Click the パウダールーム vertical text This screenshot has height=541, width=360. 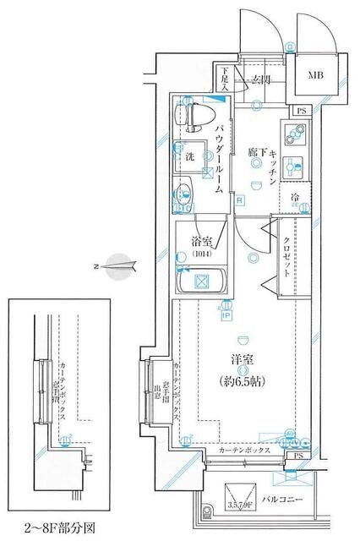coord(219,161)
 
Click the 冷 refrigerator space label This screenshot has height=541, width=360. coord(294,199)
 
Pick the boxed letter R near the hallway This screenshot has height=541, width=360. coord(241,200)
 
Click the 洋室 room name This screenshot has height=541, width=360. coord(243,359)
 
